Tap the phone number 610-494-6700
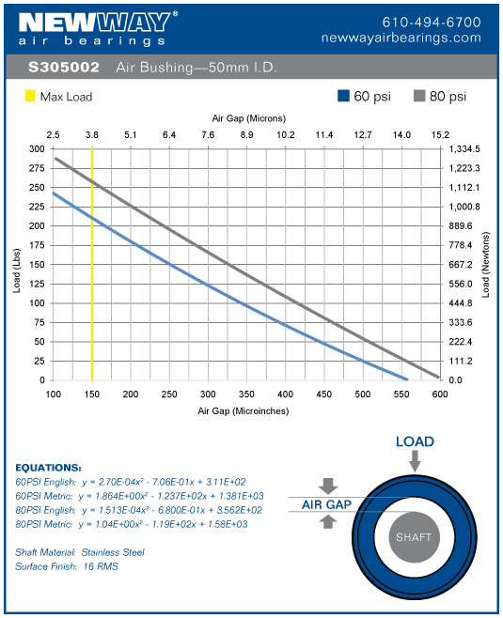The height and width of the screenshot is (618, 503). [432, 22]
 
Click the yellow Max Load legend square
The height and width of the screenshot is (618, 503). [30, 96]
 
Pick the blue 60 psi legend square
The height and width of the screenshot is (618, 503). [344, 96]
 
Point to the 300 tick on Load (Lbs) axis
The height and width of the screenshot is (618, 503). [37, 149]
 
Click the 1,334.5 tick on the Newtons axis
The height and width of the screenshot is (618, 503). [464, 149]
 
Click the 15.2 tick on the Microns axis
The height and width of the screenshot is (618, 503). [440, 135]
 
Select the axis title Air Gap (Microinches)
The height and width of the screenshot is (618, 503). [243, 410]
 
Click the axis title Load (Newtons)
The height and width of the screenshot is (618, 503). [486, 265]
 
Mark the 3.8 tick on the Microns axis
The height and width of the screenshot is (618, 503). [92, 135]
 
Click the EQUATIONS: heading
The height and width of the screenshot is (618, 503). [49, 467]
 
